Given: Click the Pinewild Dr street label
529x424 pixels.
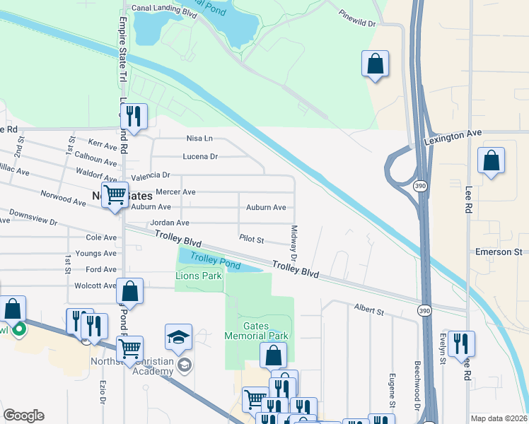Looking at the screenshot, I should pyautogui.click(x=359, y=18).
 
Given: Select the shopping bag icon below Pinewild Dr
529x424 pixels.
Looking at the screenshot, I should pyautogui.click(x=376, y=65).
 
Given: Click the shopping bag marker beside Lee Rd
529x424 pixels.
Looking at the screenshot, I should pyautogui.click(x=491, y=161).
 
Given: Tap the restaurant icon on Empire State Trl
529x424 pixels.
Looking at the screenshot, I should pyautogui.click(x=132, y=116).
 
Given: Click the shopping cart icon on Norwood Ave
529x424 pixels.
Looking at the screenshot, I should pyautogui.click(x=115, y=195).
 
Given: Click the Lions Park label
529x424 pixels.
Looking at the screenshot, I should pyautogui.click(x=199, y=276).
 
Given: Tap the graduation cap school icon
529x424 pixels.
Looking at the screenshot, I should pyautogui.click(x=178, y=338).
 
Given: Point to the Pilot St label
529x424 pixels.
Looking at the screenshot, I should pyautogui.click(x=251, y=240).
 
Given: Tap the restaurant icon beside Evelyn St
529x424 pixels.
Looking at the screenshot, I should pyautogui.click(x=460, y=344).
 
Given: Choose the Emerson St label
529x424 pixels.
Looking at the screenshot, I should pyautogui.click(x=499, y=252).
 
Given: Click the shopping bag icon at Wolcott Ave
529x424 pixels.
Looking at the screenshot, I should pyautogui.click(x=130, y=291).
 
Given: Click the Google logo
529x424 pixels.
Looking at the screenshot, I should pyautogui.click(x=23, y=416).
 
